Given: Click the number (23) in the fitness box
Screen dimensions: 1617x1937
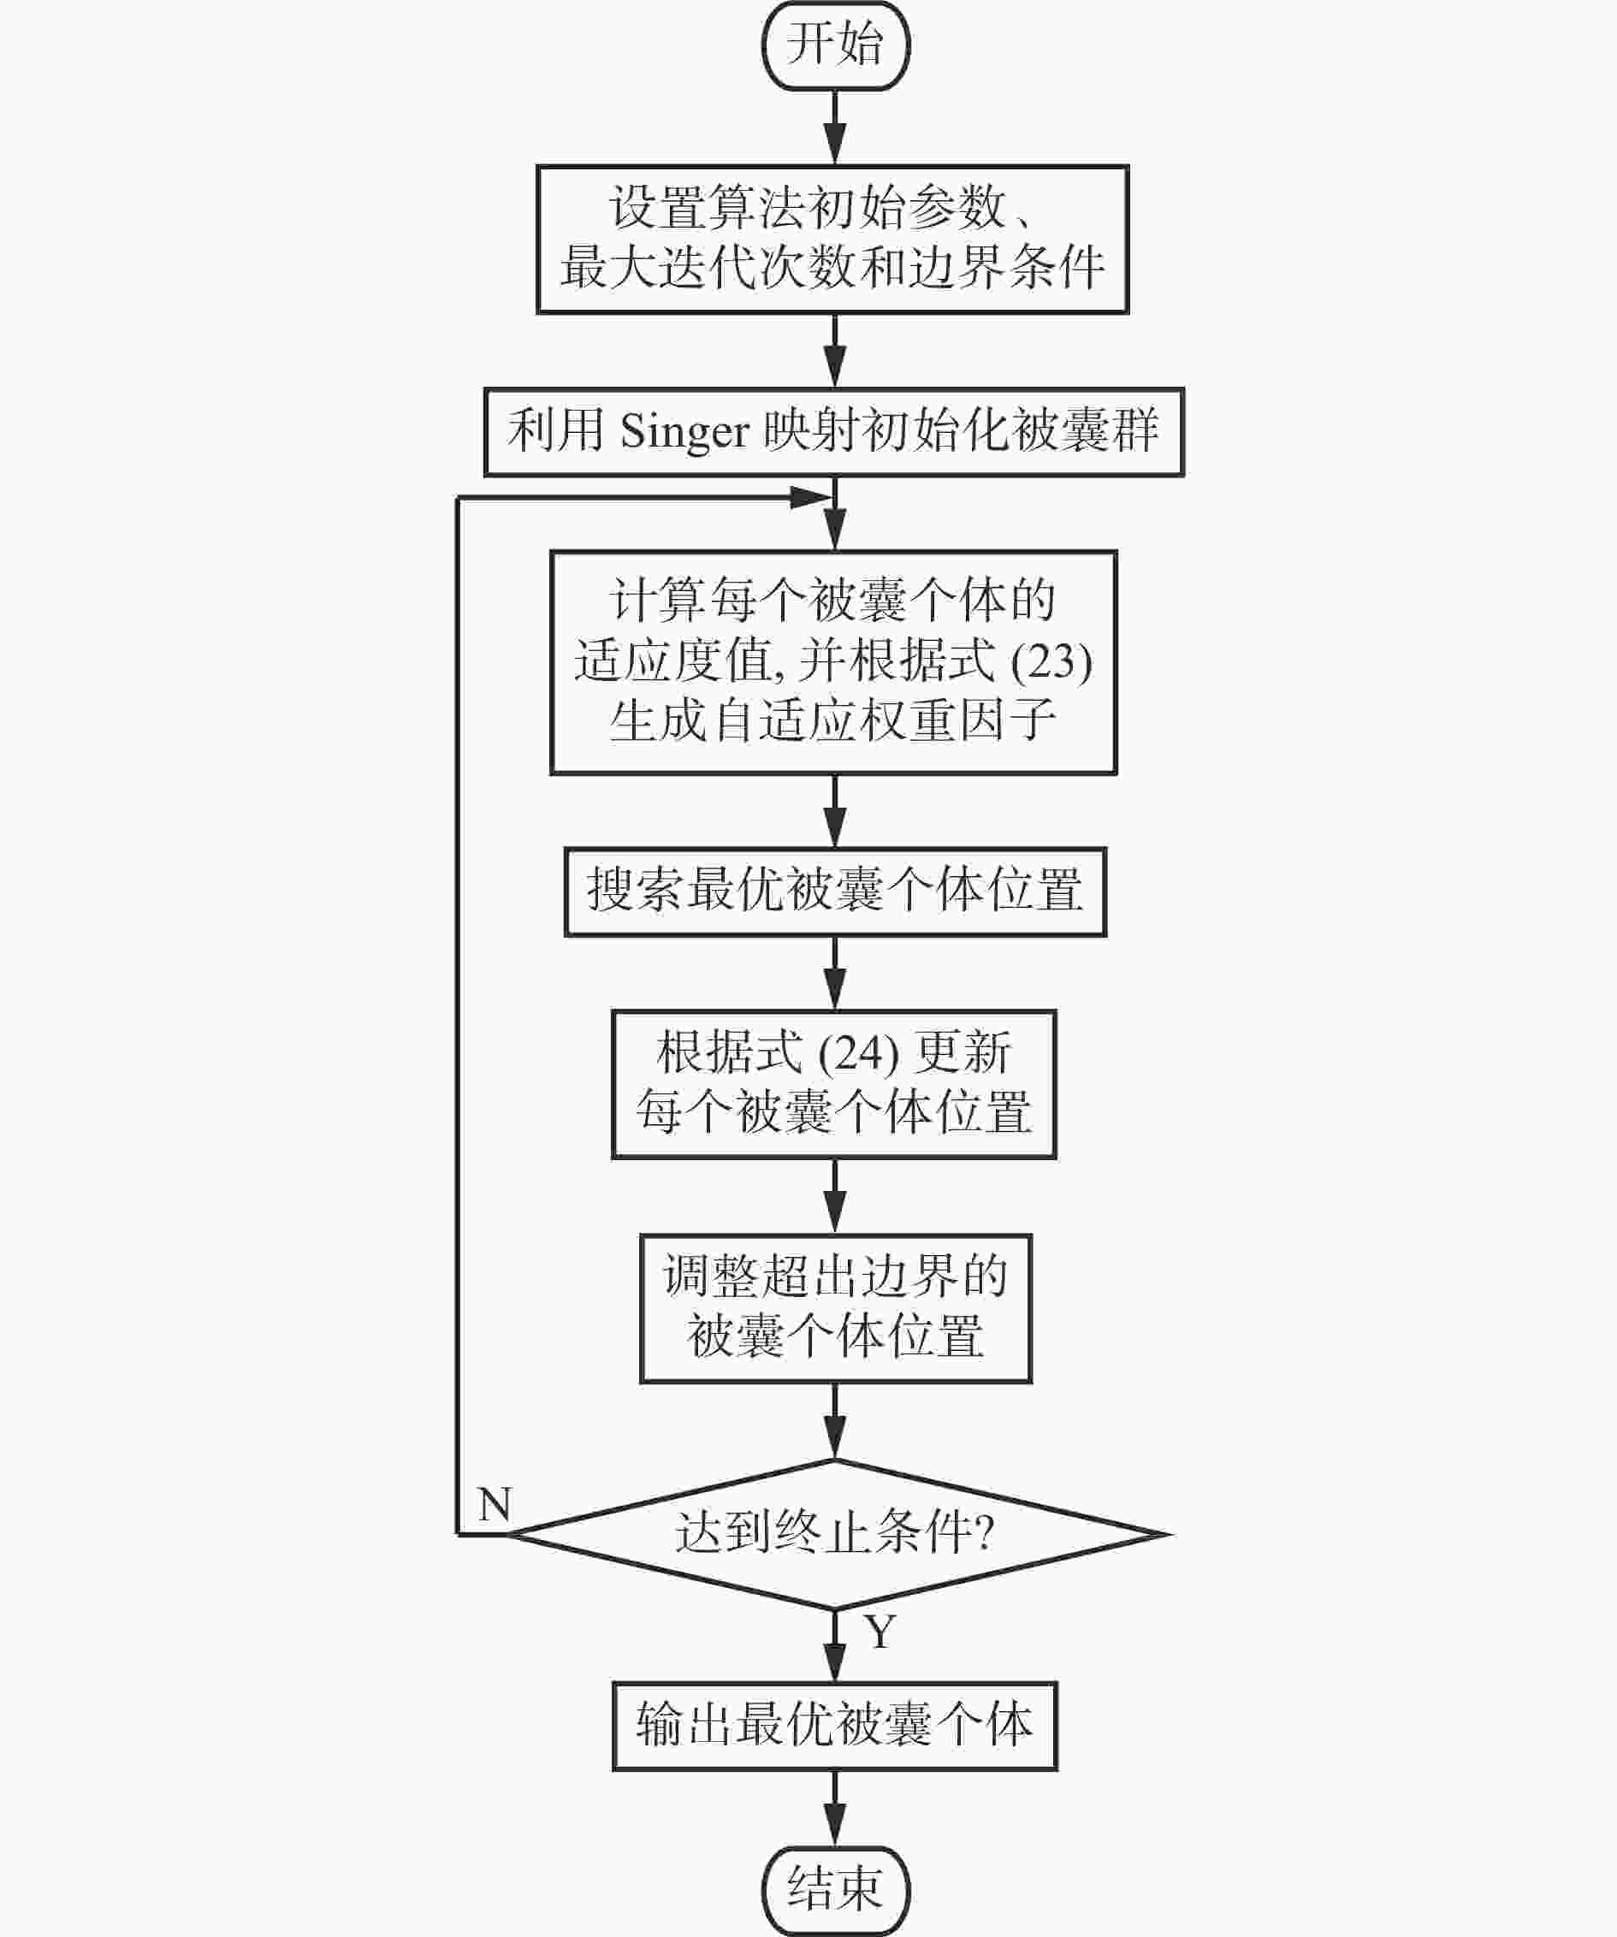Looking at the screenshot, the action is point(1051,661).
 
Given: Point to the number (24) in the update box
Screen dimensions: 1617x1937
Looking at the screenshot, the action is point(859,1053).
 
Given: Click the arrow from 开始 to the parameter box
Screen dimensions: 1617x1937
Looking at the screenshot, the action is point(836,127).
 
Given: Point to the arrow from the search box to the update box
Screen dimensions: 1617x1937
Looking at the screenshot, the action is point(836,974).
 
